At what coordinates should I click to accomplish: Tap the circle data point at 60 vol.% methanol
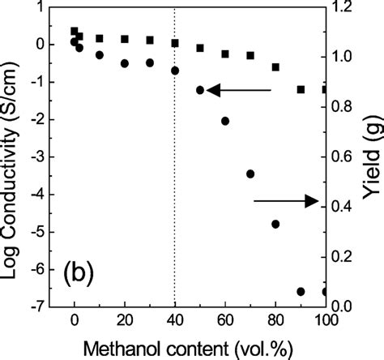pos(225,121)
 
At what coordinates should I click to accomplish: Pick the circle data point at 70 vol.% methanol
pos(250,174)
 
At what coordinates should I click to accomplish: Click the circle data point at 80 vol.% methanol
pos(275,224)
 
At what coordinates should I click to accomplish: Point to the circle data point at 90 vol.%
pos(301,291)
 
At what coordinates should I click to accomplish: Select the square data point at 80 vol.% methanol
pos(275,67)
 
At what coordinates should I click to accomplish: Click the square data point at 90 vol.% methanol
pos(301,89)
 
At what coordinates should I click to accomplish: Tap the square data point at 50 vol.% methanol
pos(200,49)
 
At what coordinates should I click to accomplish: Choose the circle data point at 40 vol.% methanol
pos(175,71)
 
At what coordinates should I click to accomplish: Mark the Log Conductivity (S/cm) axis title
pos(10,157)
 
